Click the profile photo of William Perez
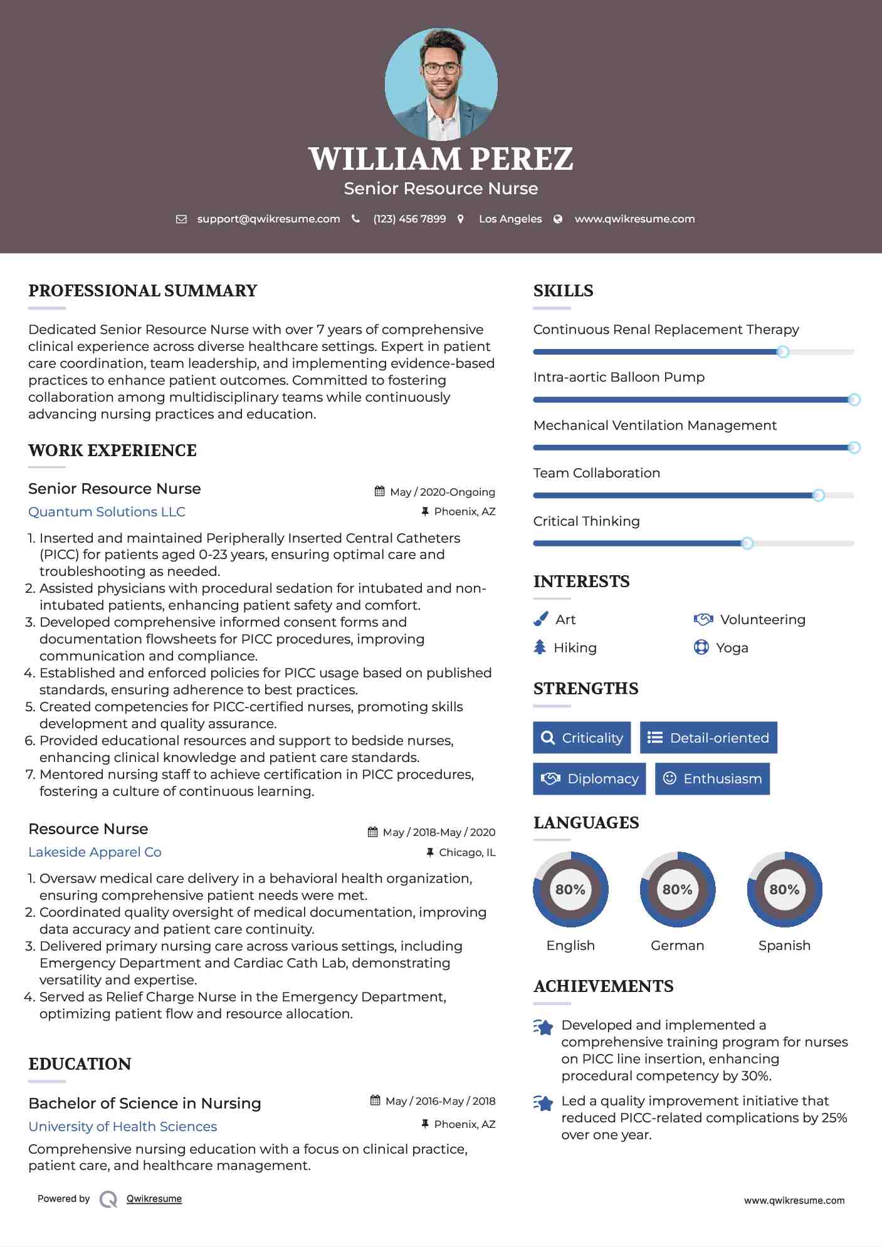[x=441, y=85]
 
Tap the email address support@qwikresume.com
[x=268, y=219]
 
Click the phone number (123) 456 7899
[x=409, y=219]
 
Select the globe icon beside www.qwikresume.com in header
[x=558, y=219]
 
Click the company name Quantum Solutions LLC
[x=107, y=512]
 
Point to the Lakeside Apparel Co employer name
[x=95, y=852]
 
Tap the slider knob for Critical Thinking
[x=747, y=543]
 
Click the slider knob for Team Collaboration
[x=818, y=495]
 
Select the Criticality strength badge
[x=582, y=738]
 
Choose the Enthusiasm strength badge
[x=712, y=778]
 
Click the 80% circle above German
[x=677, y=889]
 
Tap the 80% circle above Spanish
[x=784, y=889]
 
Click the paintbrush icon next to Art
[x=540, y=619]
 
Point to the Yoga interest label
[x=732, y=648]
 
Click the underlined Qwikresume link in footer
[x=154, y=1199]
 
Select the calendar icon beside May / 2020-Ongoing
[x=379, y=491]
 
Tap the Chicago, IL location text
[x=467, y=852]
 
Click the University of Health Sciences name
[x=123, y=1127]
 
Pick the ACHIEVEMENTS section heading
[x=603, y=986]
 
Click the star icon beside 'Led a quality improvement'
[x=543, y=1103]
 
